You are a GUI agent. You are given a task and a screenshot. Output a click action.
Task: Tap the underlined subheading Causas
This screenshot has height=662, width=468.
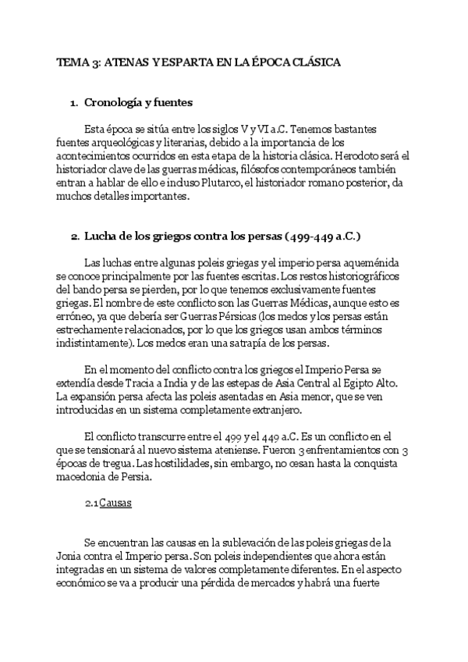[x=115, y=504]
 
